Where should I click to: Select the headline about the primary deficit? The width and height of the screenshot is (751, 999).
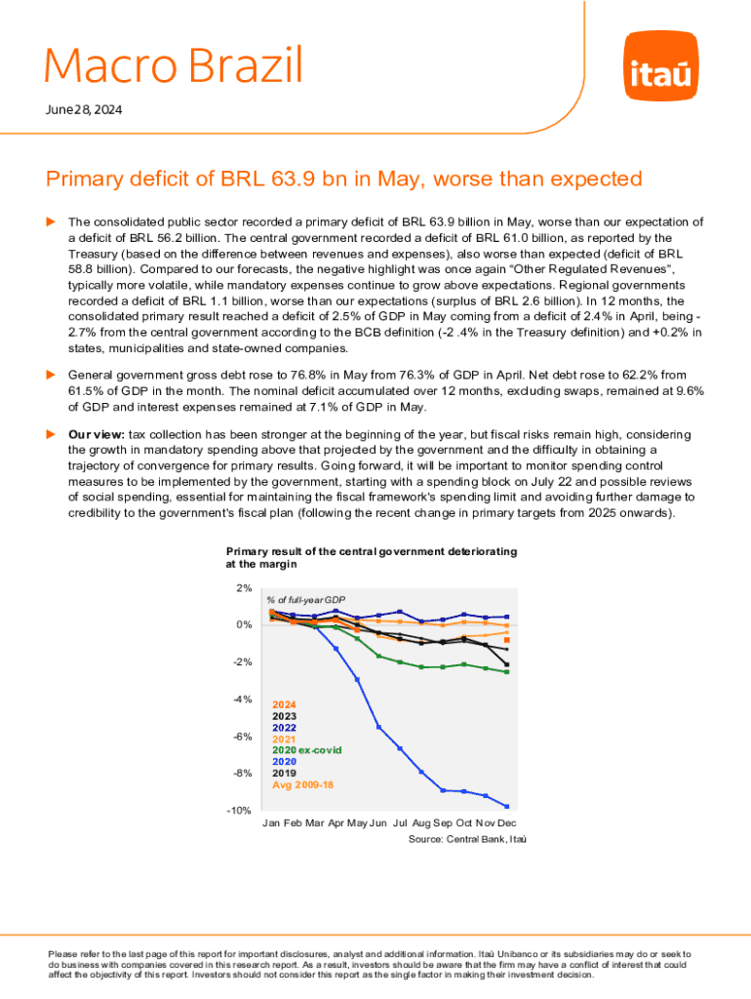click(344, 180)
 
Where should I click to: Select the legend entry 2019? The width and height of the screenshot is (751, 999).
click(284, 772)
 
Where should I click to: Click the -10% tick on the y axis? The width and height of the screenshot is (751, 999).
click(241, 811)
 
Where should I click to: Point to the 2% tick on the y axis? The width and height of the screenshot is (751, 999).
click(244, 587)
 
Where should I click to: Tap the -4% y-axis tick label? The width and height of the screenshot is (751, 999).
click(243, 699)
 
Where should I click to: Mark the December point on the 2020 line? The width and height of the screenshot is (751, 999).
click(507, 806)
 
